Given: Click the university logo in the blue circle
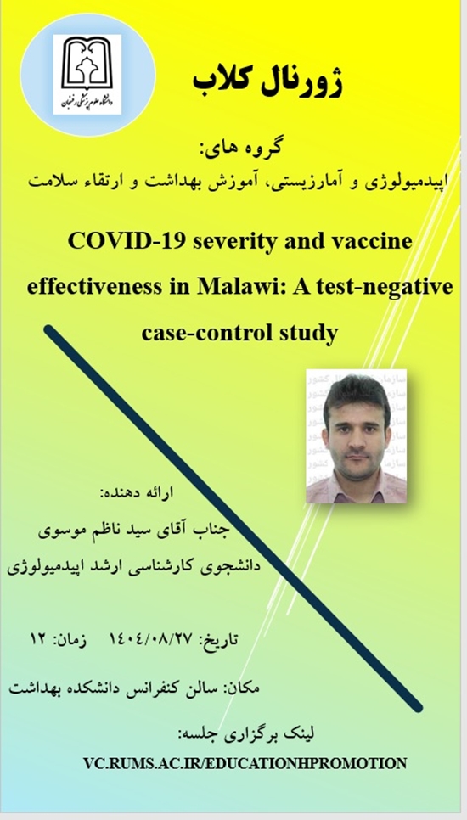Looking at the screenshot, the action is (x=87, y=74).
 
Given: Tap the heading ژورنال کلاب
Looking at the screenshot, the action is (x=267, y=83).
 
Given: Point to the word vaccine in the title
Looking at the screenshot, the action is (x=374, y=242).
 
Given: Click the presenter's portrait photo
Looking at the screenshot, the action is (x=356, y=436).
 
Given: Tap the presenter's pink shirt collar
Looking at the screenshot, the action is (x=356, y=481).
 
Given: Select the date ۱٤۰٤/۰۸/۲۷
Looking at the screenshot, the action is (x=149, y=639).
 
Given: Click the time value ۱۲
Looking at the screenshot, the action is (x=41, y=639).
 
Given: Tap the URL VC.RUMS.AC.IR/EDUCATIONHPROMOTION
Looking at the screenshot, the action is (x=245, y=763).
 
